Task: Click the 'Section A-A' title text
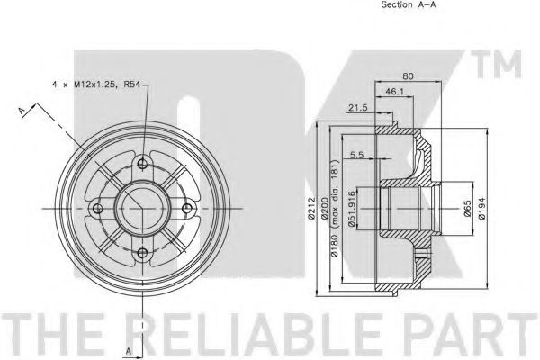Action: pyautogui.click(x=408, y=4)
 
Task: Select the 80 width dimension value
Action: pyautogui.click(x=408, y=76)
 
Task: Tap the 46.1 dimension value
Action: pyautogui.click(x=394, y=92)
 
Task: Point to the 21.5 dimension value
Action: pyautogui.click(x=358, y=108)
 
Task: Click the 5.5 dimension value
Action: pyautogui.click(x=356, y=155)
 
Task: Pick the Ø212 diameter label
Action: pyautogui.click(x=311, y=208)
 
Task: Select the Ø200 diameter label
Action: pyautogui.click(x=324, y=208)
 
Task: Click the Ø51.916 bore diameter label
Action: pyautogui.click(x=351, y=209)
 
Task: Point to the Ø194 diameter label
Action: pyautogui.click(x=481, y=208)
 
